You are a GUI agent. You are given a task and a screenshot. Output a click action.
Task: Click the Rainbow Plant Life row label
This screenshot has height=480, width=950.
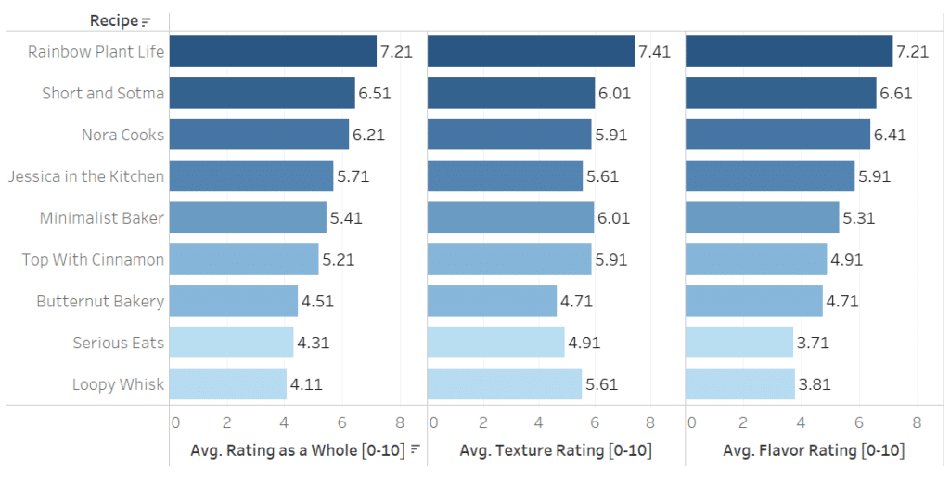click(x=96, y=52)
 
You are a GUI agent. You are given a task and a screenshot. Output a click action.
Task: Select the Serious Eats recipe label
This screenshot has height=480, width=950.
click(x=118, y=344)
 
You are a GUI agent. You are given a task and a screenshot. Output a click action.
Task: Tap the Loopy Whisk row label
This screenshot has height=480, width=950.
click(x=118, y=384)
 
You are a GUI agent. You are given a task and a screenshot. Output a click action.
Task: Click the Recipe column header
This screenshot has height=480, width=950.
click(x=113, y=20)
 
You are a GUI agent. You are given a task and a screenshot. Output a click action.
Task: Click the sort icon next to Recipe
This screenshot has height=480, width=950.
click(x=146, y=21)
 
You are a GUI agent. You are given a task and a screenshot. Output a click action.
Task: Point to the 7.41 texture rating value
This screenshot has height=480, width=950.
click(x=654, y=52)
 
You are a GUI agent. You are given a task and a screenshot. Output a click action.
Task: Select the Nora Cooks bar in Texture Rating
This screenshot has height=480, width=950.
click(x=509, y=135)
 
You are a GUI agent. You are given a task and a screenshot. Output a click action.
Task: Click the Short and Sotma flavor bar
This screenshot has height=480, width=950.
click(x=780, y=93)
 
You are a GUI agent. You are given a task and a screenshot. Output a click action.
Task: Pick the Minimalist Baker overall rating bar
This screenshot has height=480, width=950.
click(x=248, y=218)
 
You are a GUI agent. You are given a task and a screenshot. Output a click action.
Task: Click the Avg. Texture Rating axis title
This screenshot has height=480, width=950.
click(x=556, y=450)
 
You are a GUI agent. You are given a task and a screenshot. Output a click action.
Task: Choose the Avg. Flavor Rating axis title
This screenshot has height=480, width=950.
click(x=814, y=450)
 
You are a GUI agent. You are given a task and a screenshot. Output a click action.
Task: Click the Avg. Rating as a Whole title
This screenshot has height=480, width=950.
click(x=298, y=450)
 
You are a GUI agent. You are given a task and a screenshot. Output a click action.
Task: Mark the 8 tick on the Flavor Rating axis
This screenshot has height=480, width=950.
click(x=917, y=422)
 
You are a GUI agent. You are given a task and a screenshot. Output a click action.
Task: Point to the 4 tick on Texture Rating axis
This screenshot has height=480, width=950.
click(x=539, y=422)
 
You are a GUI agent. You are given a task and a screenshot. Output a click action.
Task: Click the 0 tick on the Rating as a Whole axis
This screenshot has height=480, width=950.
click(x=175, y=422)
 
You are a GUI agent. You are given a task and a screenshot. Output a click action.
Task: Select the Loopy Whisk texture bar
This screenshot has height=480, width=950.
click(x=505, y=384)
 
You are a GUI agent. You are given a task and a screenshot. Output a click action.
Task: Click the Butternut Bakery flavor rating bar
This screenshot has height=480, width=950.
click(x=753, y=301)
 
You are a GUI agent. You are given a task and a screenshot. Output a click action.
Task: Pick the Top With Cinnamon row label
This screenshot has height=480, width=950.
click(x=93, y=260)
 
